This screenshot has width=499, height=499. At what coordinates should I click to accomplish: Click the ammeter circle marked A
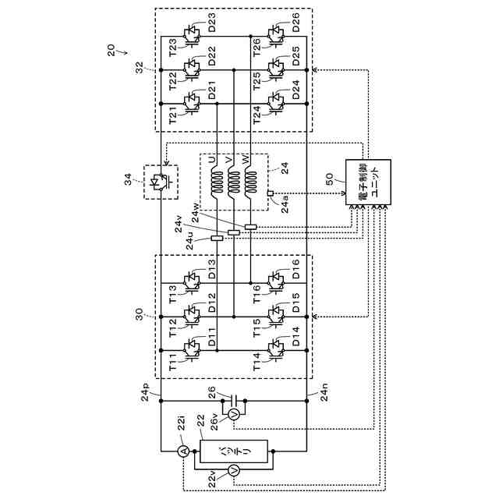pos(183,451)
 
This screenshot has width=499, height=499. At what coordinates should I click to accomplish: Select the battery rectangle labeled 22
pos(234,451)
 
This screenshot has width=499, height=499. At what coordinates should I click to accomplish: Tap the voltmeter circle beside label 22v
pos(234,469)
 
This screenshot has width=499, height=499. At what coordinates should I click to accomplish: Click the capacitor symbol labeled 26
pos(234,401)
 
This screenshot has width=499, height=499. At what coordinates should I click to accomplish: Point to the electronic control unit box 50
pos(368,182)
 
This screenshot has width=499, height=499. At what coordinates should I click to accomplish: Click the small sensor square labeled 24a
pos(271,193)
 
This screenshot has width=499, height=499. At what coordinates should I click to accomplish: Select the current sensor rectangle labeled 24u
pos(217,238)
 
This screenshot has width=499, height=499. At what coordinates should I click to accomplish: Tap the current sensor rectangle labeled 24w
pos(251,227)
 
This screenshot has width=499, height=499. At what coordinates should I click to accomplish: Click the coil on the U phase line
pos(217,182)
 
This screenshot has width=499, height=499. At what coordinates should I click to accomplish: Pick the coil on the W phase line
pos(251,182)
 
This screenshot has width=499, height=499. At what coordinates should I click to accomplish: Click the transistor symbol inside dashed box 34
pos(161,182)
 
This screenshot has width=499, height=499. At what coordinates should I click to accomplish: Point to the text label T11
pos(173,362)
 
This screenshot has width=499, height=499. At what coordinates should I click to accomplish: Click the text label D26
pos(296,23)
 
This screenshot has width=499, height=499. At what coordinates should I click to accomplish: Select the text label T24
pos(257,115)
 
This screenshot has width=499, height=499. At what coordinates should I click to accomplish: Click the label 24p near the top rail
pos(146,392)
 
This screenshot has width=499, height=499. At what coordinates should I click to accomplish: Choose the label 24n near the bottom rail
pos(324,392)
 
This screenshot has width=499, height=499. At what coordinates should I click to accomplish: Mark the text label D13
pos(212,269)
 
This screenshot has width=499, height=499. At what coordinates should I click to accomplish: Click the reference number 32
pos(140,68)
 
